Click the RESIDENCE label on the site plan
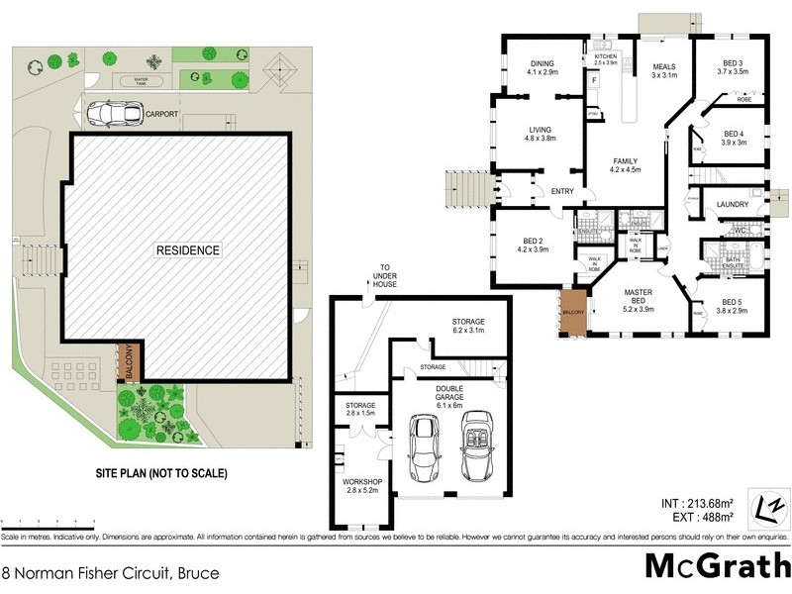[187, 250]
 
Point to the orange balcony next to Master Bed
[573, 313]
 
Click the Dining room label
[543, 67]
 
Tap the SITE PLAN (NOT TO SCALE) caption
[160, 474]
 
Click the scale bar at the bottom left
[48, 522]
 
